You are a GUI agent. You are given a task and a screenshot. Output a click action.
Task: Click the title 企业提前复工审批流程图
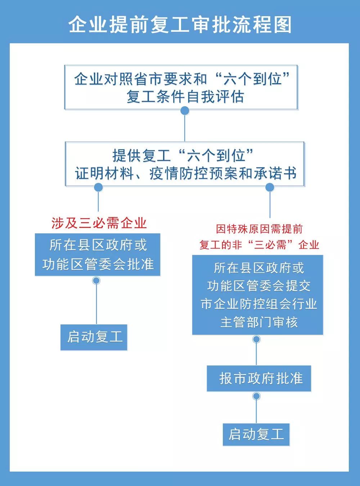click(180, 24)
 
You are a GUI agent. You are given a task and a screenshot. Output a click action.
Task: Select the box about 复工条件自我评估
click(181, 87)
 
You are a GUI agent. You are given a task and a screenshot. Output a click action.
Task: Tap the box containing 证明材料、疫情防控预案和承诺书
click(185, 164)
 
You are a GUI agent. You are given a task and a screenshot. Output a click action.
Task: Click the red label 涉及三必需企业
click(99, 223)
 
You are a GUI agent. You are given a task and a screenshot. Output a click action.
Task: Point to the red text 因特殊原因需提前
click(259, 229)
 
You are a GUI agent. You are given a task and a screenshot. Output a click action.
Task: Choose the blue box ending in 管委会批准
click(98, 255)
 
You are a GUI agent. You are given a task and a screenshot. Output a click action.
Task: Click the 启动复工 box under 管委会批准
click(94, 337)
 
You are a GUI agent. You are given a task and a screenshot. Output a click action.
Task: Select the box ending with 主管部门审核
click(258, 295)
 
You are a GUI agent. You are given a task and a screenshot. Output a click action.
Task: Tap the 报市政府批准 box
click(259, 378)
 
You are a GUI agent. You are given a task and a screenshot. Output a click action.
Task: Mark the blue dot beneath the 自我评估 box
click(185, 111)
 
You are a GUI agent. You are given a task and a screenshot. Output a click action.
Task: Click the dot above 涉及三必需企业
click(98, 187)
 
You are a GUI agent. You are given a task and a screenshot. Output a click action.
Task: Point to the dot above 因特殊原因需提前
click(270, 187)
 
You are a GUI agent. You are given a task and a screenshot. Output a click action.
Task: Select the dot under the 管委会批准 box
click(96, 280)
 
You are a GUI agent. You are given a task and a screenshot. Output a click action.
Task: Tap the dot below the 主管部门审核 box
click(256, 339)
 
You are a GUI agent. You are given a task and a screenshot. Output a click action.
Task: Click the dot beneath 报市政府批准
click(256, 396)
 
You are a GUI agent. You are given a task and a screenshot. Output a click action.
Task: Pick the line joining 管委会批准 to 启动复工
click(96, 304)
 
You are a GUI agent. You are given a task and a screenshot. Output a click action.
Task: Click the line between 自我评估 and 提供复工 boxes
click(185, 128)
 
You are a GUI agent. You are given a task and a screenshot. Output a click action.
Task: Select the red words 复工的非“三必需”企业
click(259, 245)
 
